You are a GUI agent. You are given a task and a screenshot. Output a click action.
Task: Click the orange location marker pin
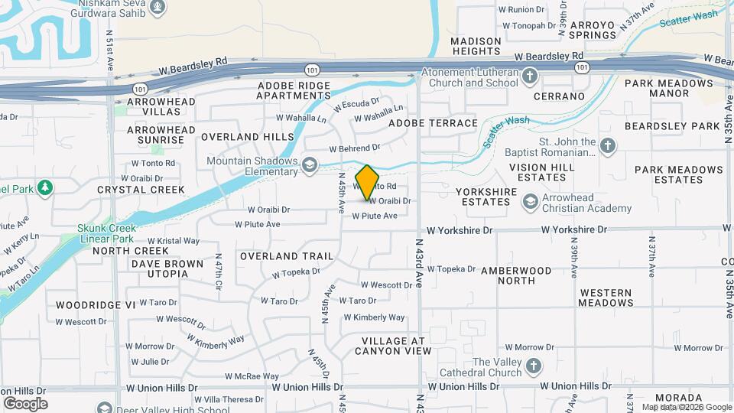click(368, 182)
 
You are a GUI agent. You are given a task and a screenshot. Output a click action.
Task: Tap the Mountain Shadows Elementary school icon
click(309, 165)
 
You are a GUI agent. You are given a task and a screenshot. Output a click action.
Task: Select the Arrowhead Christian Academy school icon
click(529, 202)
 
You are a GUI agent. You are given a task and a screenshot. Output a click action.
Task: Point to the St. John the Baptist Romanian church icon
click(607, 146)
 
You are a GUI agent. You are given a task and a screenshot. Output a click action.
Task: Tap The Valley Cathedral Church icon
click(533, 366)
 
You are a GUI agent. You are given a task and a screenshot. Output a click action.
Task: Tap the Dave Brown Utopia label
click(167, 268)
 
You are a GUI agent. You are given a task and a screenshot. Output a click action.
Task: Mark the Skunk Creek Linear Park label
click(106, 233)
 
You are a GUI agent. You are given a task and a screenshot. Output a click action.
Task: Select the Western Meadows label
click(606, 298)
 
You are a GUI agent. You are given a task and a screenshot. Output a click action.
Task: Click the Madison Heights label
click(476, 46)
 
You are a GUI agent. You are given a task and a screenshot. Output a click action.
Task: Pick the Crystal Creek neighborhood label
click(141, 190)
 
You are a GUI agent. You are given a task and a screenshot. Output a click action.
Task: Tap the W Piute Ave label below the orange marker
click(375, 216)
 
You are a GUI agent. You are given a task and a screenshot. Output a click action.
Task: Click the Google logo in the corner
click(25, 403)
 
